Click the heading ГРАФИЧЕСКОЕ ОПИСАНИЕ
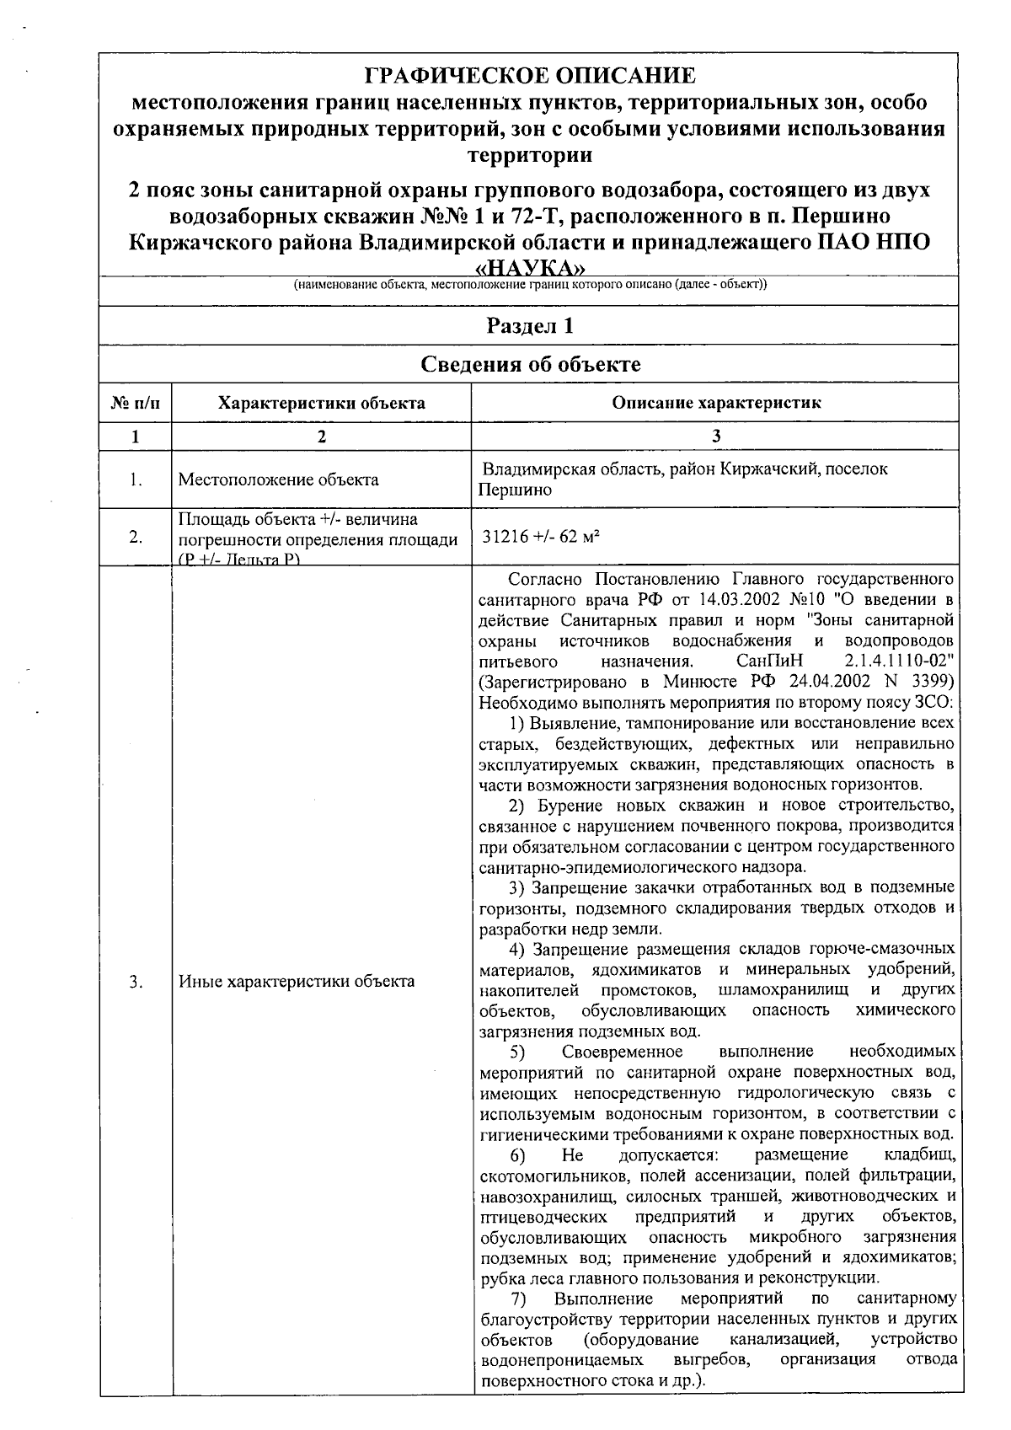click(530, 77)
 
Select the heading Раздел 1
click(530, 325)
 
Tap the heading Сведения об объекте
click(530, 364)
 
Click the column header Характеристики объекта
click(321, 403)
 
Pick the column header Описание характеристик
click(715, 403)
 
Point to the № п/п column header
click(135, 403)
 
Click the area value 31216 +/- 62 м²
click(540, 536)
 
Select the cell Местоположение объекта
click(278, 479)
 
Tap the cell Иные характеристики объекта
click(297, 981)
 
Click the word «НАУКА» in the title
click(530, 268)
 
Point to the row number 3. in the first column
click(135, 981)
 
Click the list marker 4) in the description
click(518, 949)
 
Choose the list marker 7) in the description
click(518, 1299)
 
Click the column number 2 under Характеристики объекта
click(321, 436)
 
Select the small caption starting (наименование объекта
click(530, 285)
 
